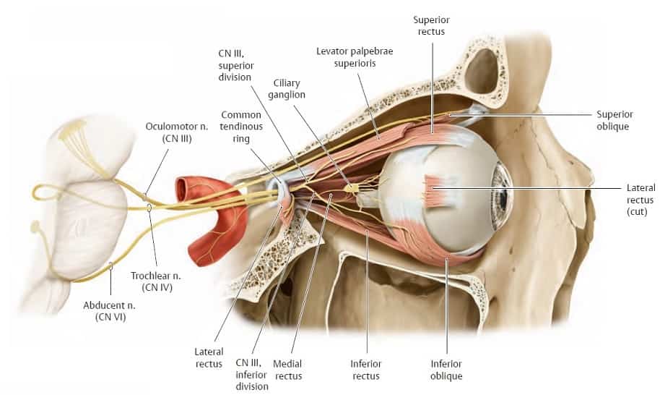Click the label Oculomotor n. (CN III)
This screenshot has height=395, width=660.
coord(176,132)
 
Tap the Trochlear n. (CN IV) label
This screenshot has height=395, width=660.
coord(156,281)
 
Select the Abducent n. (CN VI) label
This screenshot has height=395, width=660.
coord(110,311)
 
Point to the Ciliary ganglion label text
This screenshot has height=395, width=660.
coord(287,89)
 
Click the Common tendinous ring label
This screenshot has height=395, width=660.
coord(241,127)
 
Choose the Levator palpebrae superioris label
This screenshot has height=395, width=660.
coord(355,57)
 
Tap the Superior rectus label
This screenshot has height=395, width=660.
coord(431,25)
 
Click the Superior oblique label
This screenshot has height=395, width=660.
coord(615,120)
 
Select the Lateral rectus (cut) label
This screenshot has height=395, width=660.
coord(641,200)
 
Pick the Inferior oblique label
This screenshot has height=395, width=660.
coord(446,370)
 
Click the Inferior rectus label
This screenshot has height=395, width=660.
coord(366,370)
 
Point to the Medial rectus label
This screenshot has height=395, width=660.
coord(288,370)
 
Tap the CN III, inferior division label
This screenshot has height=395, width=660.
coord(252,374)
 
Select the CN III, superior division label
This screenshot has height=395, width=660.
coord(235,65)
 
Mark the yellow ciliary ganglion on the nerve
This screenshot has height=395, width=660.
coord(351,188)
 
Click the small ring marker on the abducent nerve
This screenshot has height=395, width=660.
coord(110,266)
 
